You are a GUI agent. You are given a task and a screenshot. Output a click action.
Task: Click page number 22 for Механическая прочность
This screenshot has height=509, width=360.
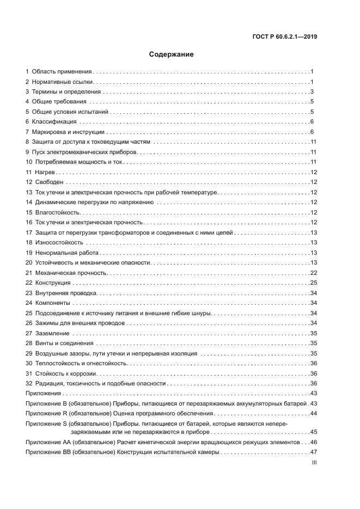[314, 272]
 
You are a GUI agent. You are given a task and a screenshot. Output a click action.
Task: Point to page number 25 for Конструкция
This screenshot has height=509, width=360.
[314, 283]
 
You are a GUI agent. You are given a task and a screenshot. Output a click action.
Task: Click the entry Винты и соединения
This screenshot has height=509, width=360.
[64, 343]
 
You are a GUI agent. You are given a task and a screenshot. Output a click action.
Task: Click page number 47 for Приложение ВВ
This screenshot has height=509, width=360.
[314, 452]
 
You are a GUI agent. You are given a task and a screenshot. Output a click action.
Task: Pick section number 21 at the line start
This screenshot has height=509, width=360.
[29, 272]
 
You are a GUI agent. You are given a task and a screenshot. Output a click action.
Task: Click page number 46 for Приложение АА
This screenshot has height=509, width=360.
[314, 442]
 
